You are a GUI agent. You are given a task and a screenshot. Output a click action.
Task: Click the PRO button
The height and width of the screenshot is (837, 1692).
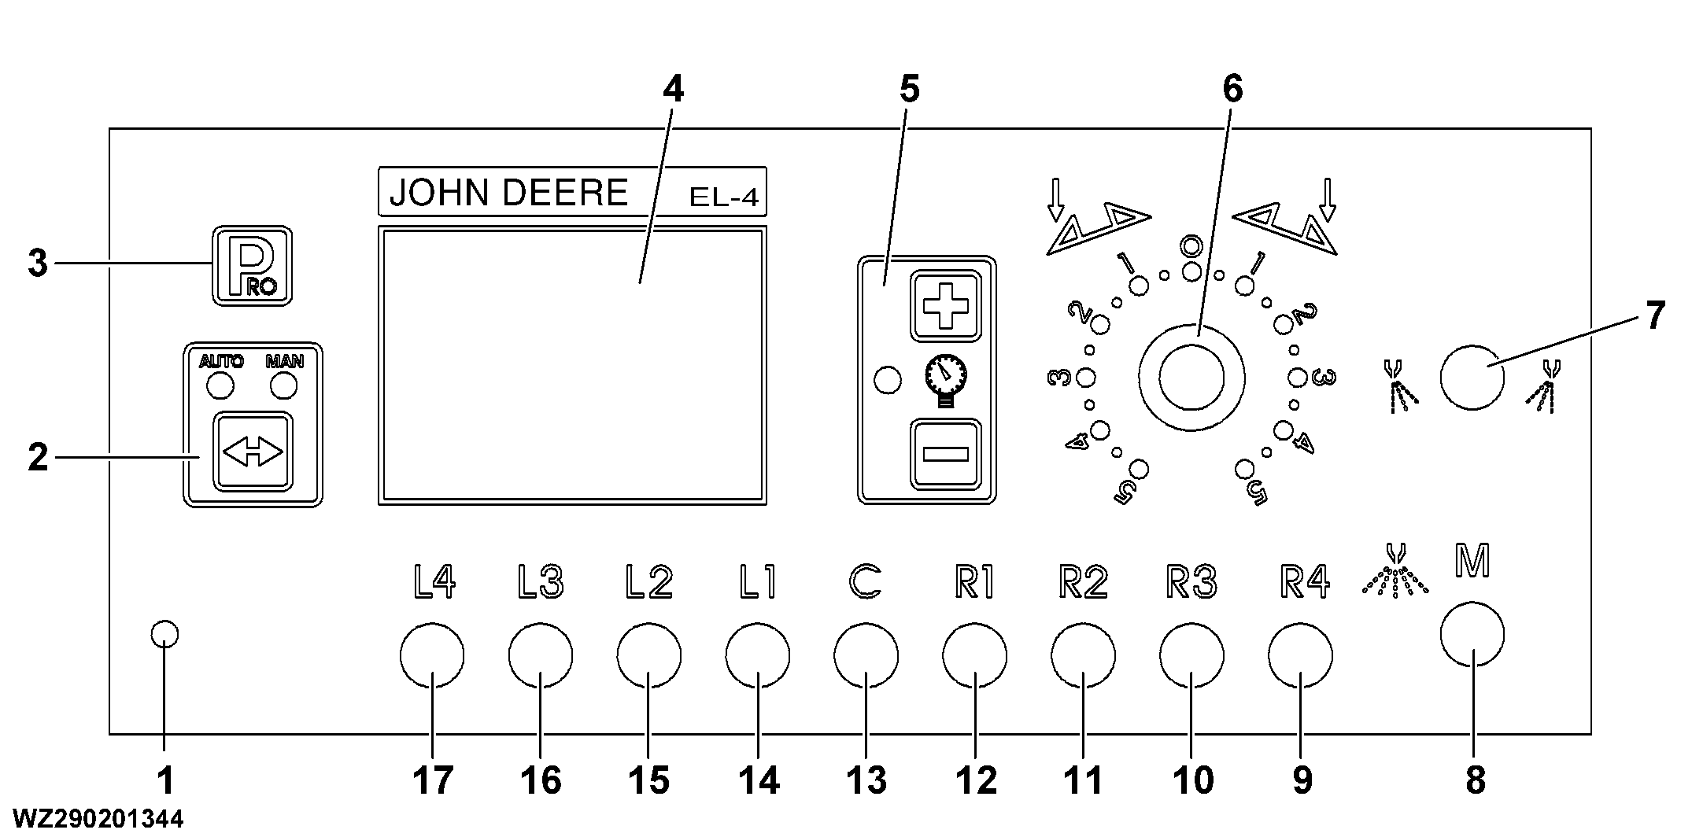click(x=252, y=266)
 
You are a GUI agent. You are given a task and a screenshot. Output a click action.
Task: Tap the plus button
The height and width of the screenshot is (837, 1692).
click(x=946, y=305)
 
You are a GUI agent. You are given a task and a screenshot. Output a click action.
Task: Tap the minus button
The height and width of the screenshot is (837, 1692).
click(x=946, y=454)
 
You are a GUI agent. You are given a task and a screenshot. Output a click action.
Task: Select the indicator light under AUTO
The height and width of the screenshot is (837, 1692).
click(x=220, y=386)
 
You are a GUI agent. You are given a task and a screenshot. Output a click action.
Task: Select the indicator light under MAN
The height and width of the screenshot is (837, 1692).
click(x=283, y=386)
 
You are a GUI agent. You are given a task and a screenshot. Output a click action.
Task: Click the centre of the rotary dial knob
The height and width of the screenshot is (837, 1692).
click(x=1191, y=378)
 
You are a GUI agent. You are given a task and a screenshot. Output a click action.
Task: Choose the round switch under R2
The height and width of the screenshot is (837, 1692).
click(x=1083, y=655)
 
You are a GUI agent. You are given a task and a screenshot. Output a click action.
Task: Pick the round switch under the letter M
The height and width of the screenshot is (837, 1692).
click(x=1472, y=634)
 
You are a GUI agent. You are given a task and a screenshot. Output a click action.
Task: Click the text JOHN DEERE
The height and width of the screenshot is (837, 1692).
click(x=508, y=193)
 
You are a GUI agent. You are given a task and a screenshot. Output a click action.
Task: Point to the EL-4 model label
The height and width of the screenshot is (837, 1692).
click(x=723, y=197)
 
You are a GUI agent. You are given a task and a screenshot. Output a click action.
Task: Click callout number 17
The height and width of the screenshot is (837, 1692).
click(x=433, y=780)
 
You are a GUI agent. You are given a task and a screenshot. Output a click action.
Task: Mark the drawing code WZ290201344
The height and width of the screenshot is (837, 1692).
click(x=98, y=819)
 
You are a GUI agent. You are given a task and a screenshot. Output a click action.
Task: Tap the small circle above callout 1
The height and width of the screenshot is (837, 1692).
click(x=164, y=633)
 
